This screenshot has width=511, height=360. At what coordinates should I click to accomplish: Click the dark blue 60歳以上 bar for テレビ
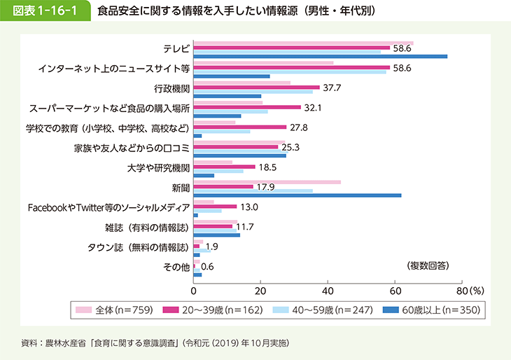(x=320, y=56)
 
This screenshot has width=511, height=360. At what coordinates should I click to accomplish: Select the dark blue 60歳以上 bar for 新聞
(x=297, y=195)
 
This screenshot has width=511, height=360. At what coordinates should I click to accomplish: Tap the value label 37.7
(x=331, y=88)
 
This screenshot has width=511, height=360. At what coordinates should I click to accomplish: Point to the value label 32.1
(x=312, y=108)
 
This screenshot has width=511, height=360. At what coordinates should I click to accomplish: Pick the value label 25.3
(x=290, y=148)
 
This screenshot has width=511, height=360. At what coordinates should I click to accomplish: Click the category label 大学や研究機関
(x=159, y=168)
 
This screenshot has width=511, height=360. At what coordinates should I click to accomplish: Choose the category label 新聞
(x=181, y=188)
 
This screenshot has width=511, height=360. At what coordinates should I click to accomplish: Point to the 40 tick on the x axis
(x=328, y=289)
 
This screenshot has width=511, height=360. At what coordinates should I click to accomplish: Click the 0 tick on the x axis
(x=193, y=289)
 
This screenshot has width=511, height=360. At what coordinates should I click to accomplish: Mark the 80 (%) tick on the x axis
(x=466, y=289)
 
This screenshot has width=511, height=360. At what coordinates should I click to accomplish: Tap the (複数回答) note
(x=428, y=265)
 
